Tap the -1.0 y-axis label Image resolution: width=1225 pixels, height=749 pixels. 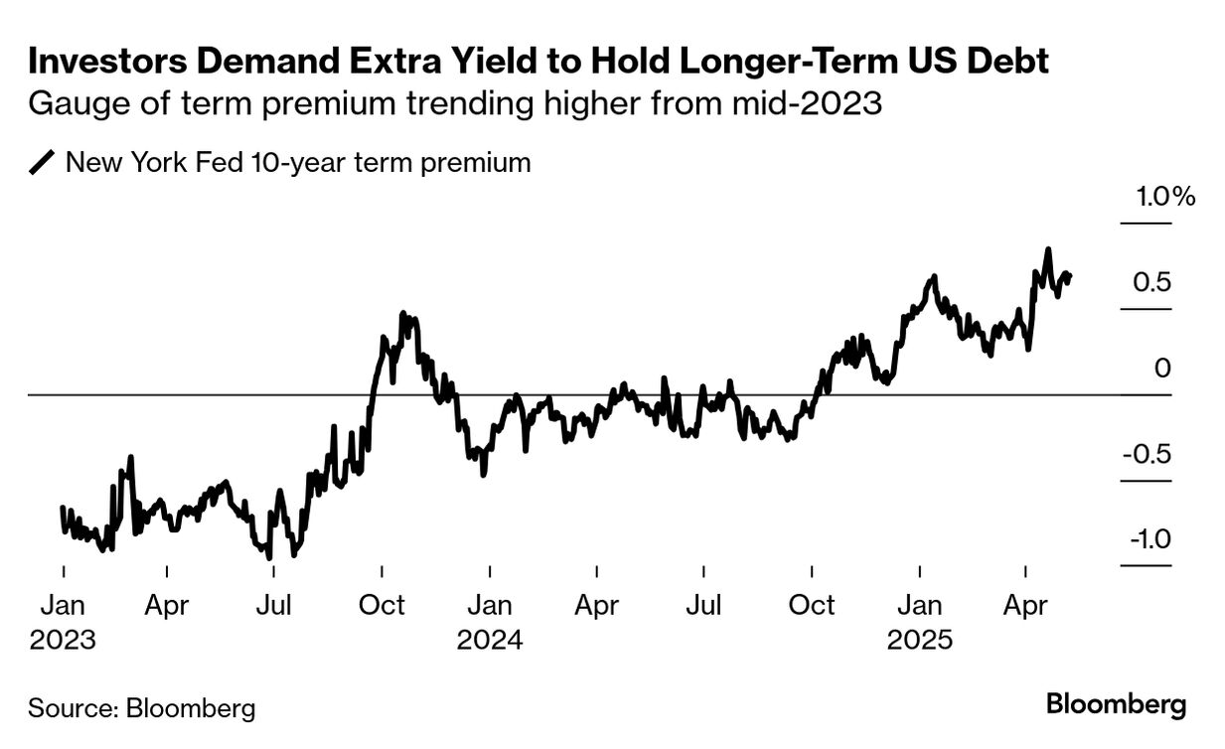click(1148, 540)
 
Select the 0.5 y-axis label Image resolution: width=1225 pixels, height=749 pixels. click(1153, 283)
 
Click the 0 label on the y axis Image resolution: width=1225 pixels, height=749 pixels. click(1162, 369)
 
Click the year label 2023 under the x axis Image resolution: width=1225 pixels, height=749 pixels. click(63, 640)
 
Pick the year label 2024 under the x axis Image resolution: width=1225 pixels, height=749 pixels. click(490, 640)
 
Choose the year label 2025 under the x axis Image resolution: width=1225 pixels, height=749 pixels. click(919, 640)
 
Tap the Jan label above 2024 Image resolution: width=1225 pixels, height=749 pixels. click(490, 605)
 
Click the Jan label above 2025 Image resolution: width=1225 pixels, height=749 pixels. click(919, 605)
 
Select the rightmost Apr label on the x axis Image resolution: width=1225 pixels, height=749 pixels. click(1025, 605)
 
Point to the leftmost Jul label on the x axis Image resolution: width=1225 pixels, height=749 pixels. click(274, 605)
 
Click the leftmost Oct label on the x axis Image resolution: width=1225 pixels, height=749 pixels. click(382, 605)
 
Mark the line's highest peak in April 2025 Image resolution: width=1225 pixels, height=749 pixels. click(1047, 249)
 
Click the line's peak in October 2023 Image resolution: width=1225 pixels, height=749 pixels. click(402, 314)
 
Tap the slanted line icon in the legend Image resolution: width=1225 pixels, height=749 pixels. click(43, 163)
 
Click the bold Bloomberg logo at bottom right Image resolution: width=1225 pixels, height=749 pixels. click(1116, 705)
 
